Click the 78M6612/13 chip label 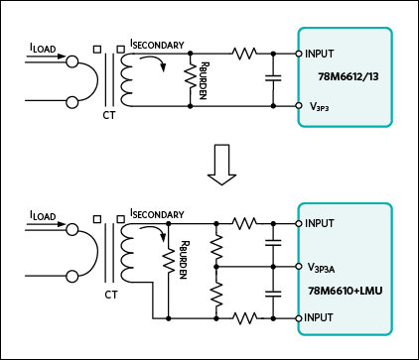(349, 76)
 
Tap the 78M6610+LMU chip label (346, 291)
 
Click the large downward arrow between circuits (221, 165)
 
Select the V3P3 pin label (319, 107)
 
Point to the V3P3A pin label (321, 268)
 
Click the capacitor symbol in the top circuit (273, 78)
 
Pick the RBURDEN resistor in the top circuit (191, 76)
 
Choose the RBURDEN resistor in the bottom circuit (169, 260)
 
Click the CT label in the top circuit (109, 115)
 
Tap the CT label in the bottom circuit (111, 295)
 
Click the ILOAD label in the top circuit (43, 49)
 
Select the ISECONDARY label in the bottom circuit (157, 214)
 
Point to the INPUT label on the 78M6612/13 (320, 54)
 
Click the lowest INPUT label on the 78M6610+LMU (318, 317)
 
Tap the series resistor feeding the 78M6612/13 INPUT (244, 53)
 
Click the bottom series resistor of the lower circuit (244, 318)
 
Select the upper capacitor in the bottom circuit (273, 243)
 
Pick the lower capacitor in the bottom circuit (273, 294)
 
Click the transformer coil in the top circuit (126, 79)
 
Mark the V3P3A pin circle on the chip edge (299, 267)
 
